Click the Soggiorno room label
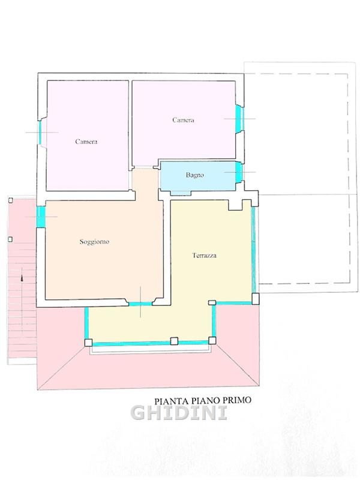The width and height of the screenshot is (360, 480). [x=94, y=242]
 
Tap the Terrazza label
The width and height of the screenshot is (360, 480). [x=205, y=256]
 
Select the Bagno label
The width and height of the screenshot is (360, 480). [x=194, y=175]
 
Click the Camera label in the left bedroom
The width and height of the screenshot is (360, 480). [x=86, y=142]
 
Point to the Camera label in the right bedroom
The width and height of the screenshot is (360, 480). [x=183, y=120]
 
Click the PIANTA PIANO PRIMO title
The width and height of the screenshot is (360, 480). [x=203, y=400]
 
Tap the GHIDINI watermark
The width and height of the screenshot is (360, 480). [x=179, y=413]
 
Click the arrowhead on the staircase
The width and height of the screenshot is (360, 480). [x=22, y=278]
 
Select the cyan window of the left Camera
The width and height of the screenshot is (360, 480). [x=40, y=133]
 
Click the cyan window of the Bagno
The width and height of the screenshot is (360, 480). [x=239, y=172]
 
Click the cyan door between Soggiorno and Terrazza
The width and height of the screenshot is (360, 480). [x=140, y=304]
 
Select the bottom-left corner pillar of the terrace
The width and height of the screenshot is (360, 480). [x=88, y=343]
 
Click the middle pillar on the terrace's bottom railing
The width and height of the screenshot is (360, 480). [x=174, y=341]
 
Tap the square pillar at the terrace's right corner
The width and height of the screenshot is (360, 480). [x=256, y=299]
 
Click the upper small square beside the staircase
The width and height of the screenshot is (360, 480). [x=10, y=200]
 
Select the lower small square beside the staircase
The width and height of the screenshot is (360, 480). [x=10, y=239]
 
